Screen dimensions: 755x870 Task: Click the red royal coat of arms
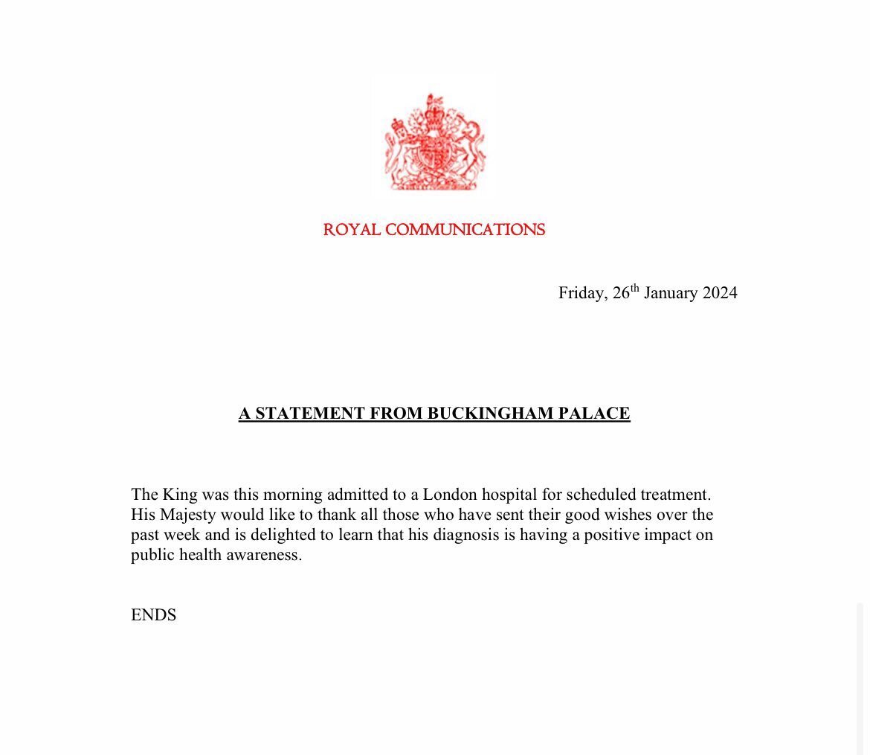point(434,142)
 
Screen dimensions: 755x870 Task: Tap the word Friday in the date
point(582,293)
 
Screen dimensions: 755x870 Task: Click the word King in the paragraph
point(182,495)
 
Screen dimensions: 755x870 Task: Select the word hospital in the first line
point(511,495)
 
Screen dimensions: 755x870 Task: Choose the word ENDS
point(153,615)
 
